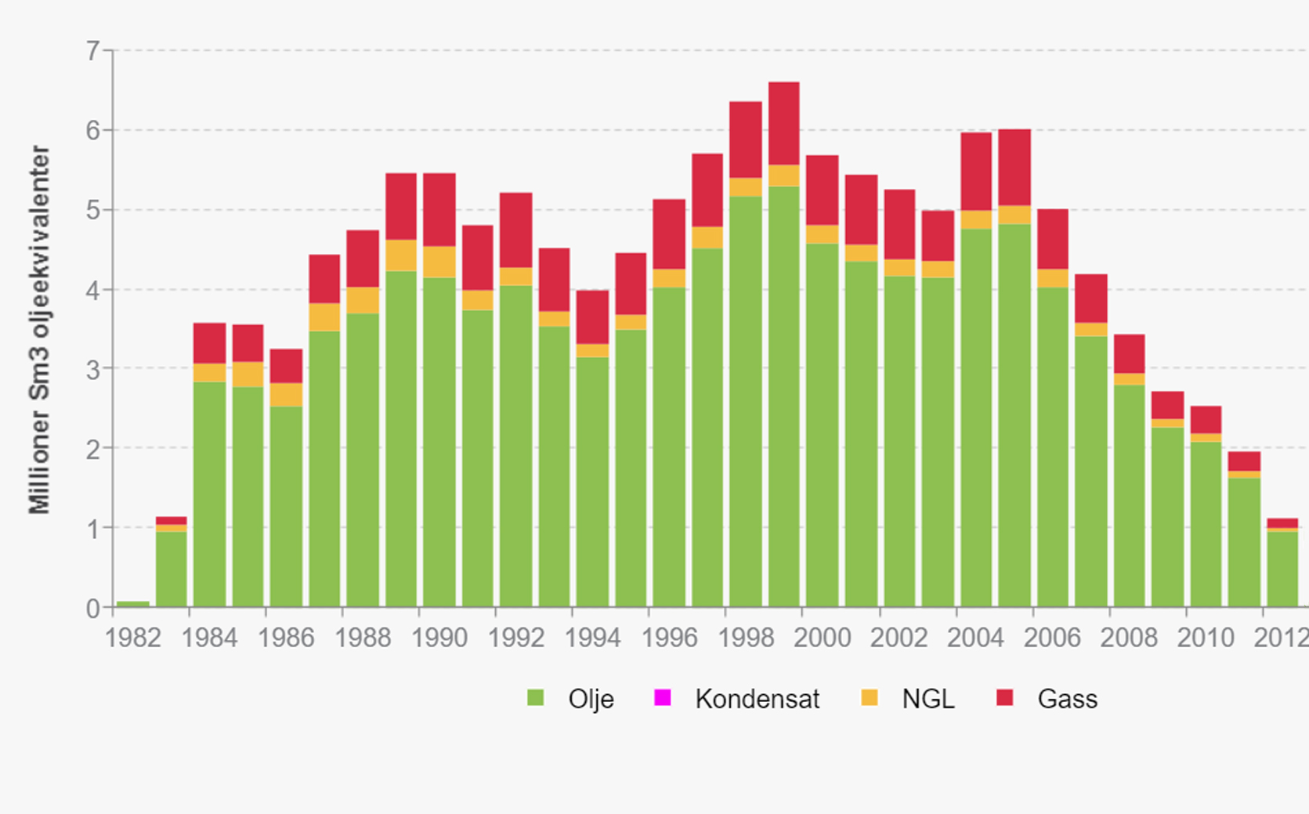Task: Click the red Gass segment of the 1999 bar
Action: click(783, 123)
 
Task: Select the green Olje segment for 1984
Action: click(209, 494)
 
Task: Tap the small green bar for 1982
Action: click(132, 604)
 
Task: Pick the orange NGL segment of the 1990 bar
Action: click(439, 262)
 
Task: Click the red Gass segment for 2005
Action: click(1014, 167)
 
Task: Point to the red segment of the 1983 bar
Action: click(171, 520)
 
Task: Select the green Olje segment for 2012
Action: click(1282, 569)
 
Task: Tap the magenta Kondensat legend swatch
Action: click(662, 697)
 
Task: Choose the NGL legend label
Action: click(928, 699)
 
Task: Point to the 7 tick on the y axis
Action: click(93, 52)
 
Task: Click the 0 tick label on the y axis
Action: click(93, 609)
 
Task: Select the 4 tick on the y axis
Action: click(93, 291)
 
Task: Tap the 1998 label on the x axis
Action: click(746, 638)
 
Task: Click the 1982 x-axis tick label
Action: click(132, 638)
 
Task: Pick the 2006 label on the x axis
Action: click(1052, 638)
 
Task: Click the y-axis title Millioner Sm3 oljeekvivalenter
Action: click(39, 329)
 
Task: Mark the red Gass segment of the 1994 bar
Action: click(592, 317)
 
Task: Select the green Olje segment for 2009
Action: click(1167, 517)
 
